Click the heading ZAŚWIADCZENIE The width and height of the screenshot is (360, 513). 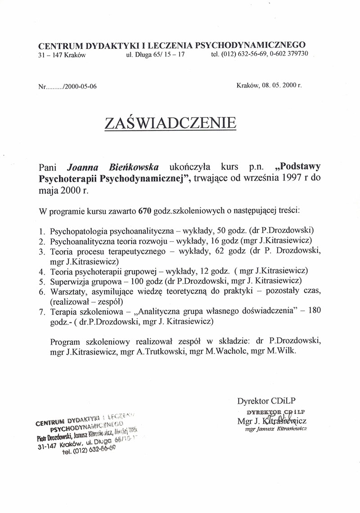(171, 122)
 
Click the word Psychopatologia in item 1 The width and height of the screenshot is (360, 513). (75, 232)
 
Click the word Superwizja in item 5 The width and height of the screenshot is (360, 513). (69, 281)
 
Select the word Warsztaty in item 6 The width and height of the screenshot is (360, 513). (67, 292)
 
